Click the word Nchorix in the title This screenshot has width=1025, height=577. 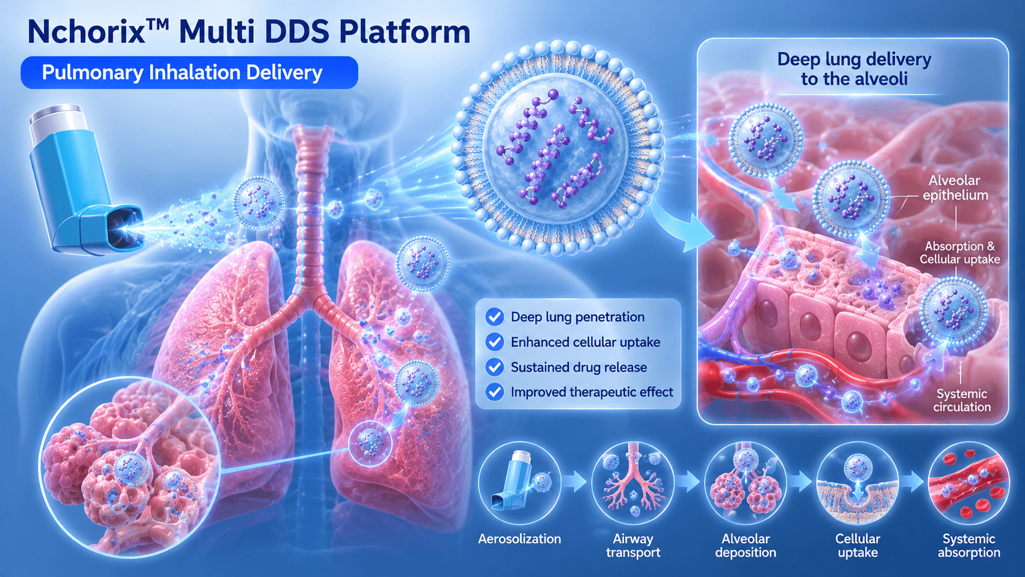(86, 31)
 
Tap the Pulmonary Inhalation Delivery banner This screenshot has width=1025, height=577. (189, 72)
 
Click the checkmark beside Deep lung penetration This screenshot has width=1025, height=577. (495, 316)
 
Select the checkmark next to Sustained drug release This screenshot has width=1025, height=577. (495, 367)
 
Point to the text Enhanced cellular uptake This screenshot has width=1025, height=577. (585, 342)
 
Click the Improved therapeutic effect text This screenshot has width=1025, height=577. (592, 392)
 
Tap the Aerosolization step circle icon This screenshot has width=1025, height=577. (519, 483)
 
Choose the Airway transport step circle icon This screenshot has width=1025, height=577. (633, 483)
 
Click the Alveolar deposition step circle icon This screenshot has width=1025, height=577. (745, 483)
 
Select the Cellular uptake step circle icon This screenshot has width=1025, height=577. (858, 483)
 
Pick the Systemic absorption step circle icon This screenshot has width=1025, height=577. (969, 483)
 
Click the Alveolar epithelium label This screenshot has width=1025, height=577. (955, 188)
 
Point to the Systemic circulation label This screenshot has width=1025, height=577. (962, 400)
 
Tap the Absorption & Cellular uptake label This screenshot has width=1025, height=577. (959, 253)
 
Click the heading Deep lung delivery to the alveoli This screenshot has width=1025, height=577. (854, 69)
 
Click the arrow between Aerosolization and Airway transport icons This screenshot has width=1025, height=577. (576, 482)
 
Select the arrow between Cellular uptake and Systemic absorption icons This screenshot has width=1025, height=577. (913, 482)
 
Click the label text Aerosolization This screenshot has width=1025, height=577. (519, 539)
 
